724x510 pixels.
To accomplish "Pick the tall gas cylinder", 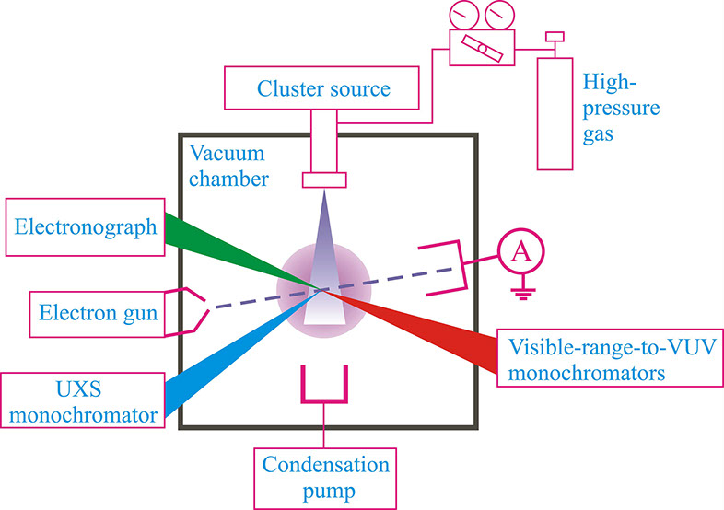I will (555, 118).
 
